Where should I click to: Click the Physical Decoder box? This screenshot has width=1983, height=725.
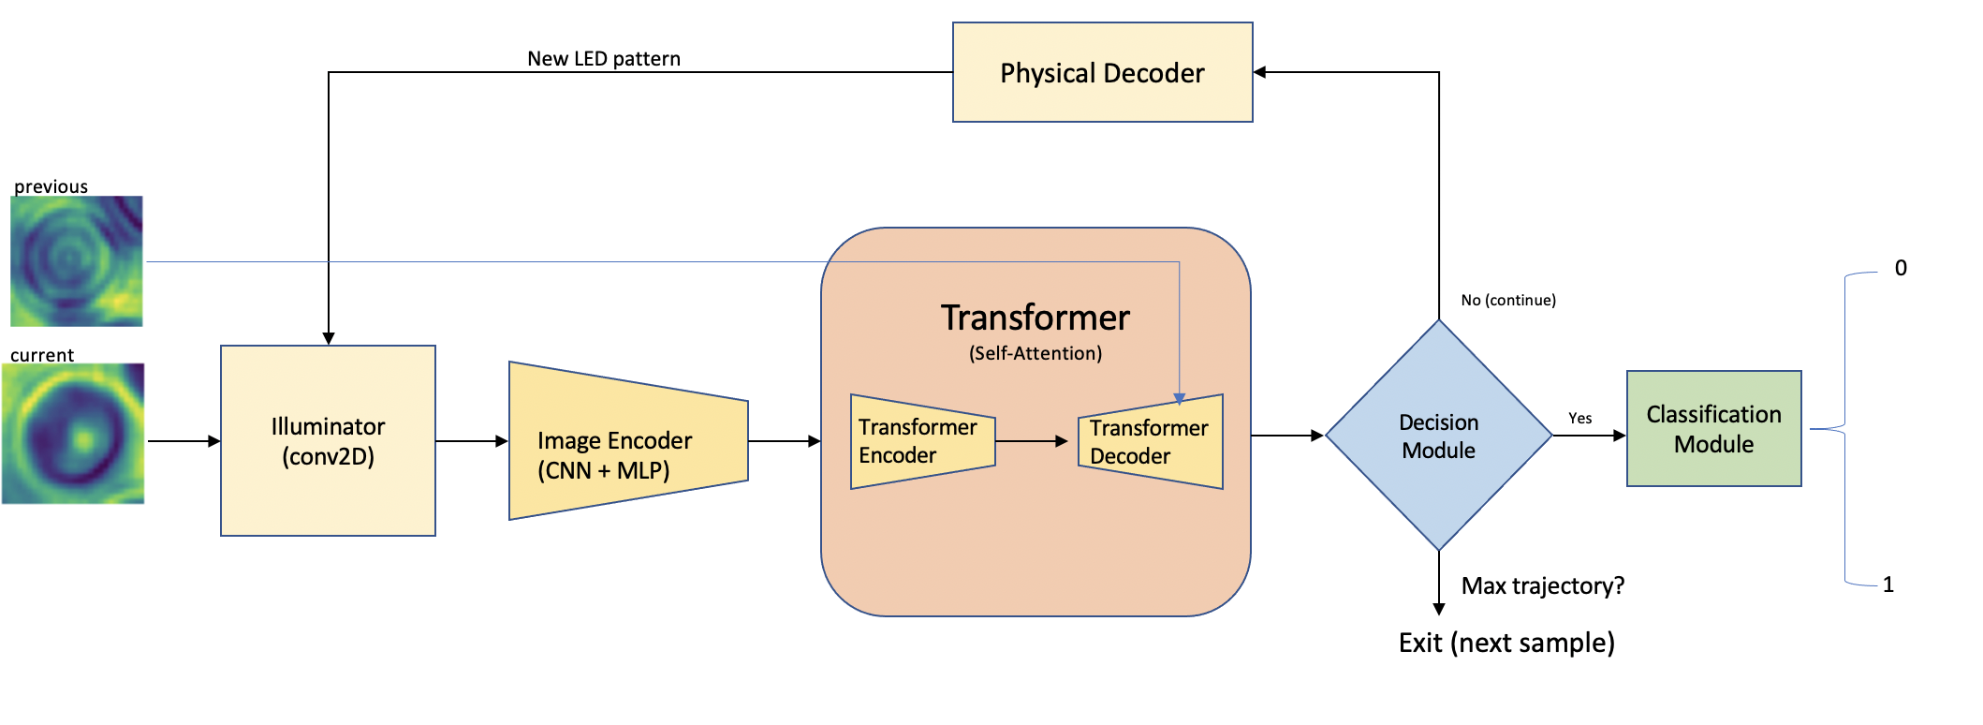[x=1102, y=73]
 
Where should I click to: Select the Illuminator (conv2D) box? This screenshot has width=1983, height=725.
[x=328, y=441]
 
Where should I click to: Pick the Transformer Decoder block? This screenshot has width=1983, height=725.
[x=1151, y=441]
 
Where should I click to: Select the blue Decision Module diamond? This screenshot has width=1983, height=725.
[x=1438, y=436]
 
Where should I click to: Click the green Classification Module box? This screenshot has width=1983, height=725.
[x=1713, y=429]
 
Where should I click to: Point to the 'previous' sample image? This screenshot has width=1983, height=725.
[x=77, y=260]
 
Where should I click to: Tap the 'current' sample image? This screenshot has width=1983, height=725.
[x=74, y=434]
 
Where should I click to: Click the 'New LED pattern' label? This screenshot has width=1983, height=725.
[x=604, y=59]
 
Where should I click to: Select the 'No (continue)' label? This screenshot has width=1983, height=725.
[x=1508, y=300]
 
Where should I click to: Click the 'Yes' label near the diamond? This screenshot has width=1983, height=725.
[x=1580, y=419]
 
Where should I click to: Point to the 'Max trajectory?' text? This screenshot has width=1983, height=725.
[x=1542, y=586]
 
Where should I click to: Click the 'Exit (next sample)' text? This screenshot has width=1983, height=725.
[x=1506, y=644]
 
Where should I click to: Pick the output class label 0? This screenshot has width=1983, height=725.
[x=1901, y=268]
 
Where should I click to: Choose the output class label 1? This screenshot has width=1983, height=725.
[x=1888, y=584]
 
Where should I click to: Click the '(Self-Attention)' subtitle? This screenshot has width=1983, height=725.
[x=1036, y=353]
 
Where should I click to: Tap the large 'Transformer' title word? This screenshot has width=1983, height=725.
[x=1036, y=318]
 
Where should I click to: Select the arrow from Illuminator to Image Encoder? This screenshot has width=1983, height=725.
[x=472, y=441]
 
